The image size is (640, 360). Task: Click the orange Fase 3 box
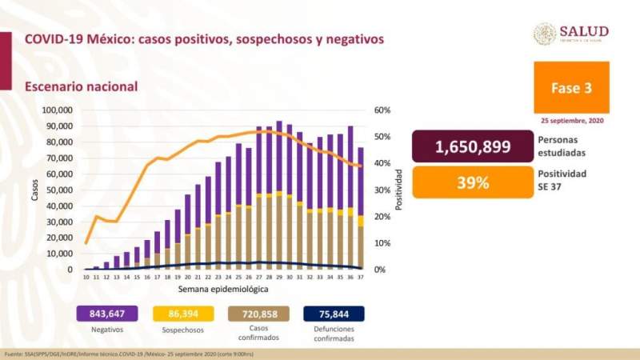(x=570, y=87)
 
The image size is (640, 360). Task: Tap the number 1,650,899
(x=472, y=146)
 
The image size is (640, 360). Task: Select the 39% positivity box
(x=472, y=182)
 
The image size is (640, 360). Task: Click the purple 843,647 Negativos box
(x=108, y=313)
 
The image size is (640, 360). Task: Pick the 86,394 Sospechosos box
(x=183, y=313)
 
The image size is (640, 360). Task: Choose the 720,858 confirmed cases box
(x=258, y=313)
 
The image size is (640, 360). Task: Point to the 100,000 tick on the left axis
(x=56, y=110)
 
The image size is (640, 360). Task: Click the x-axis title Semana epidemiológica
(x=223, y=288)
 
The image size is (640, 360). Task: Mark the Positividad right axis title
(x=398, y=190)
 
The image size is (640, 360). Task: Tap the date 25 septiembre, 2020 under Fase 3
(x=571, y=120)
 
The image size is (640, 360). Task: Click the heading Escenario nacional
(x=81, y=86)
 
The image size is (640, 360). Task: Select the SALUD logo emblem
(x=545, y=34)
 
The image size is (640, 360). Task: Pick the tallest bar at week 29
(x=278, y=196)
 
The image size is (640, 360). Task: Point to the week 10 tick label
(x=86, y=277)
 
